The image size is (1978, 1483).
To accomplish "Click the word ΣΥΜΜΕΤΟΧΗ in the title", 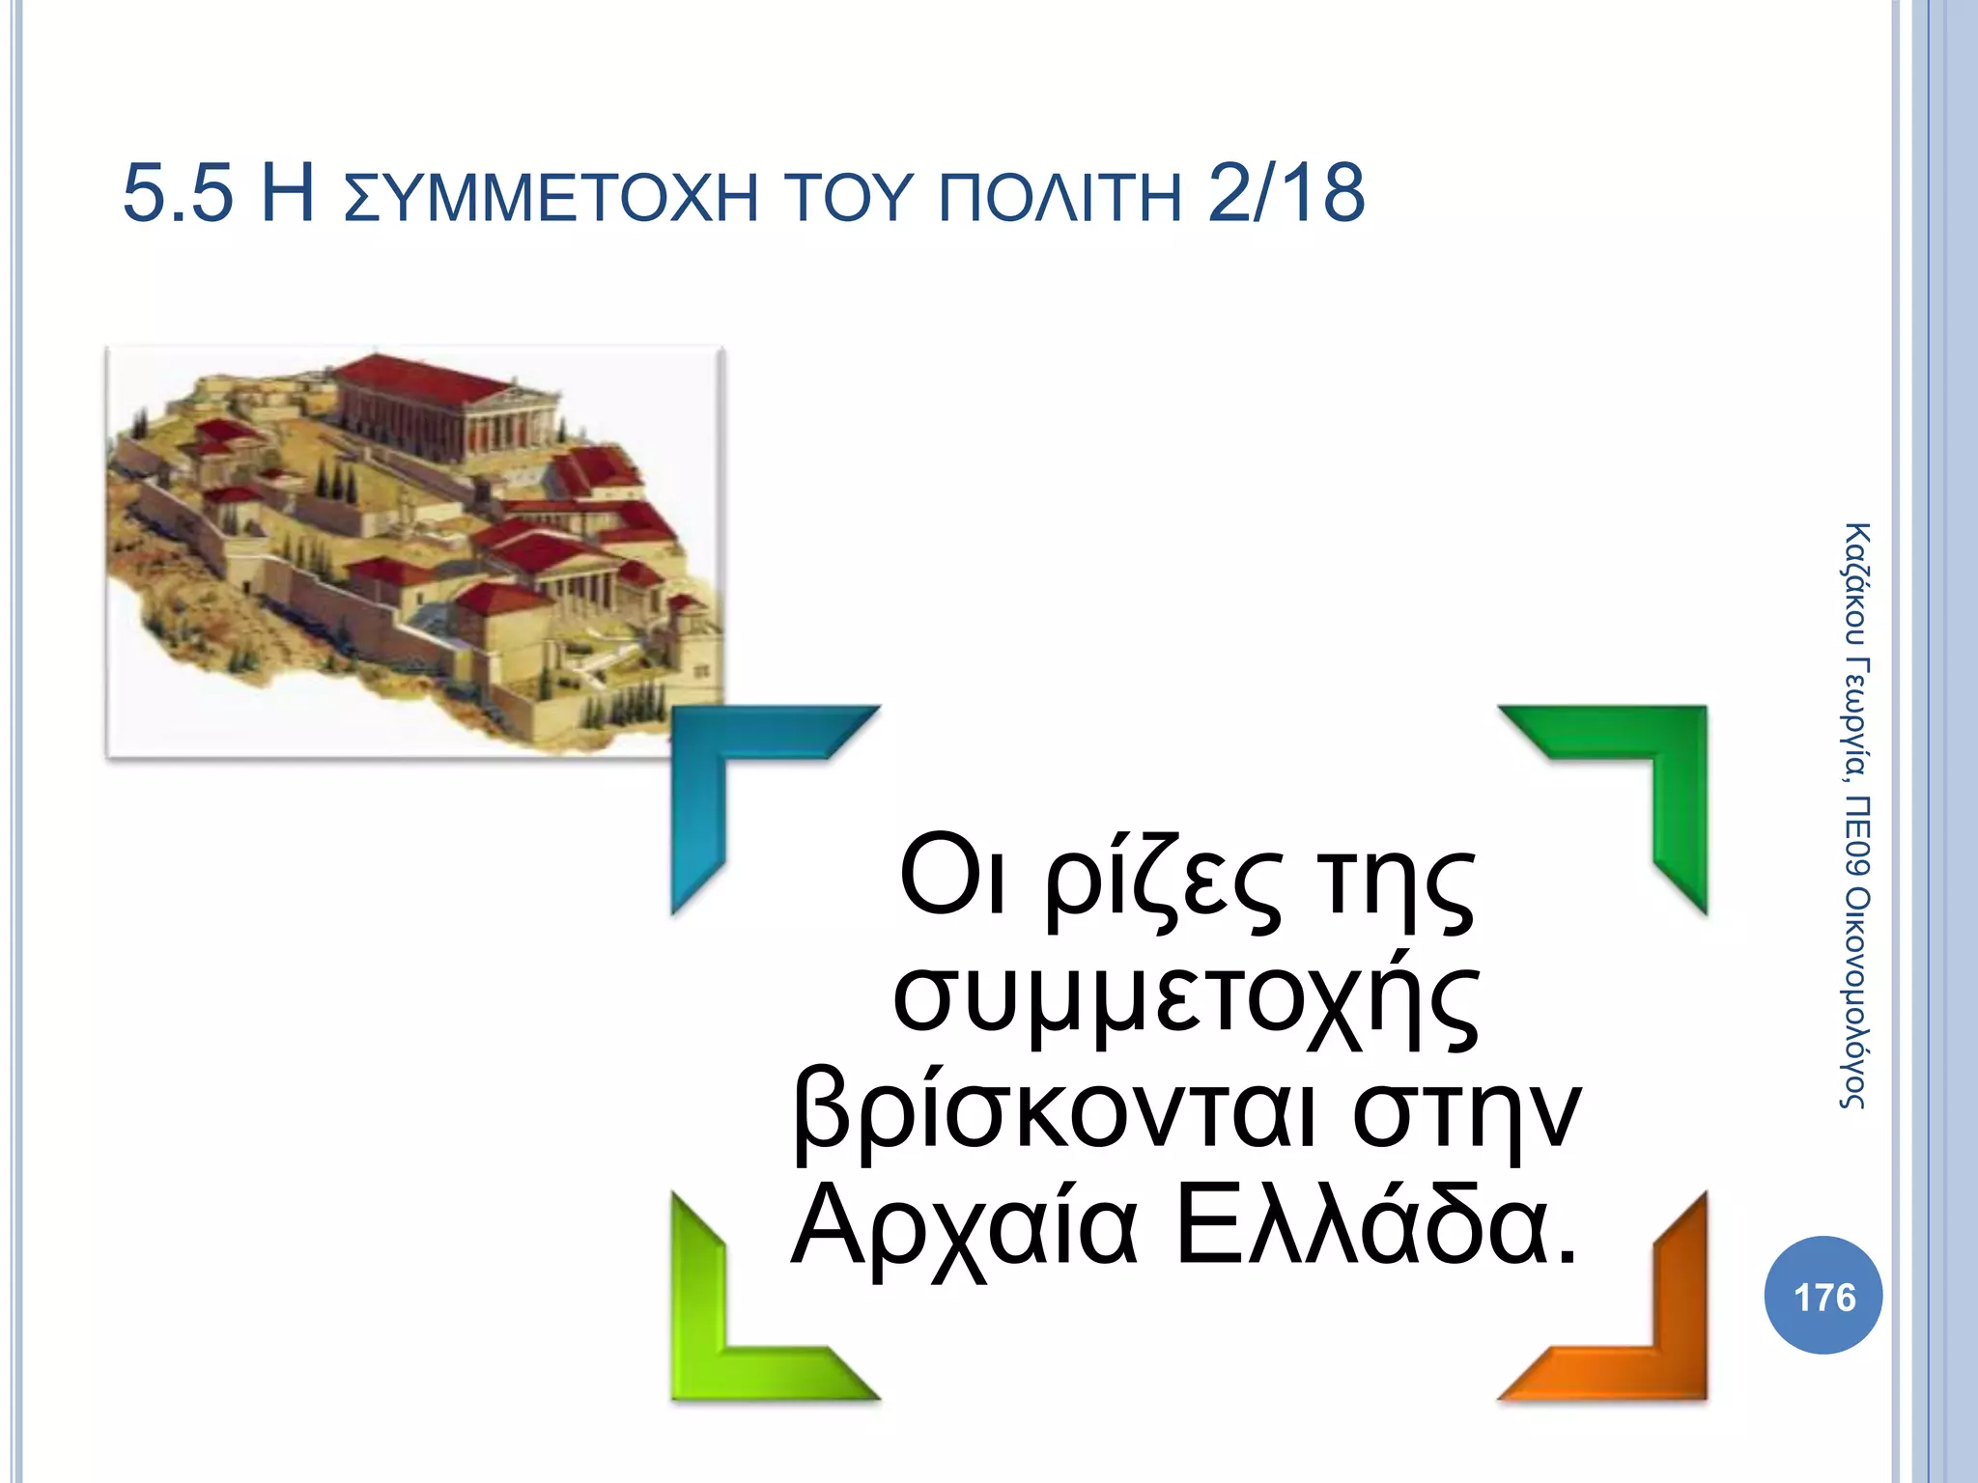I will tap(551, 197).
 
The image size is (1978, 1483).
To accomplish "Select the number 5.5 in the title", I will tap(179, 195).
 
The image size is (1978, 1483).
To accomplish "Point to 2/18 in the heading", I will tap(1286, 195).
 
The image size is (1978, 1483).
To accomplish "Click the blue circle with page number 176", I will tap(1823, 1296).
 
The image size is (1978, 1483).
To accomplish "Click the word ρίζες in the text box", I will tap(1164, 883).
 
